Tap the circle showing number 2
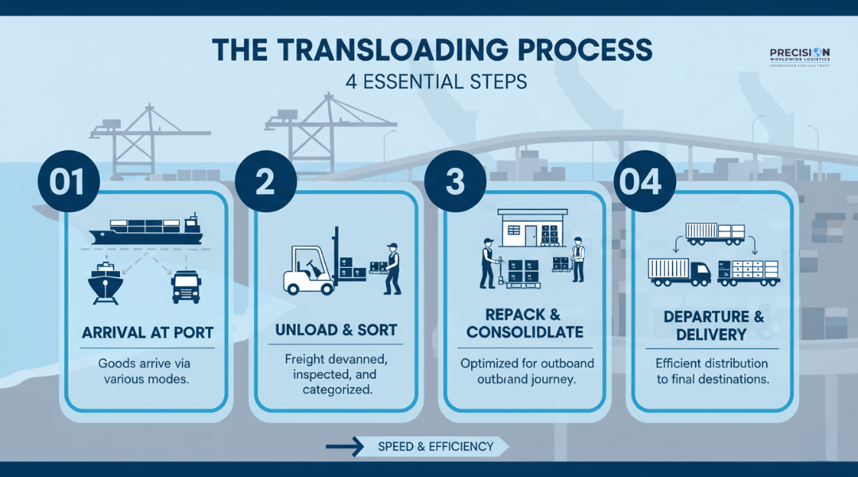[265, 181]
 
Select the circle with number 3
[455, 181]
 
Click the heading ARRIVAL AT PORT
[147, 332]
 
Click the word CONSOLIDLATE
[524, 332]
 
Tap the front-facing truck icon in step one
[186, 286]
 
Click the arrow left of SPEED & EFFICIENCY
[344, 447]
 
